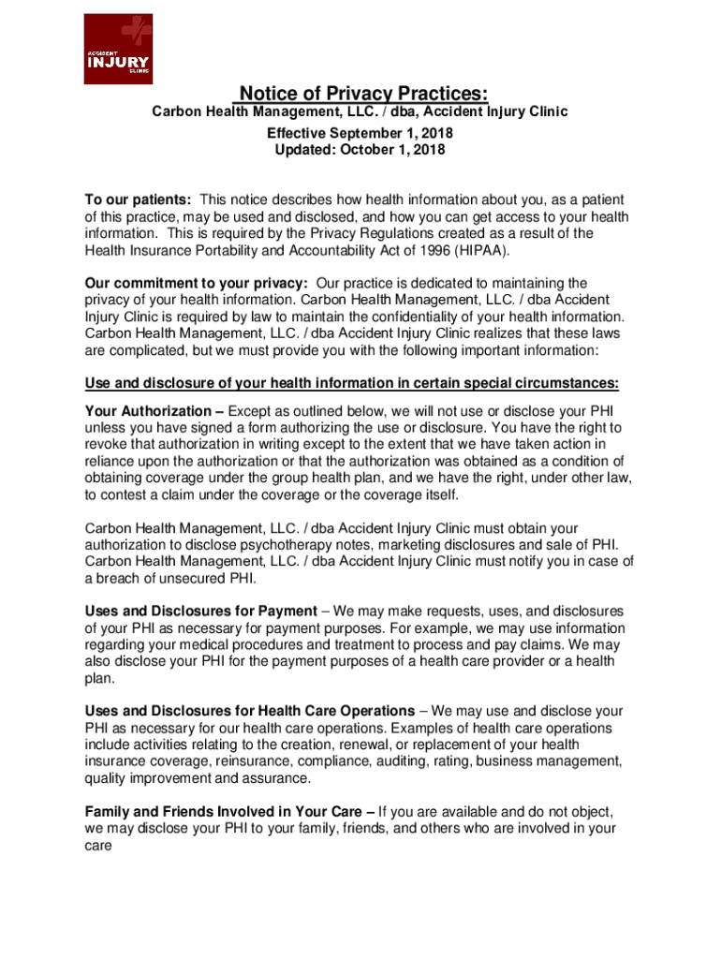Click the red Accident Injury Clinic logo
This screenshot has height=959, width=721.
[117, 50]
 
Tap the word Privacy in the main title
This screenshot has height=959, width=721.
[365, 94]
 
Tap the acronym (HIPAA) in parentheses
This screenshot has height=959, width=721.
[478, 251]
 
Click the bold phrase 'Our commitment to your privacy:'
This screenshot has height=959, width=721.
[197, 284]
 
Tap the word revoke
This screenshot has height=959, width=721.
[106, 445]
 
